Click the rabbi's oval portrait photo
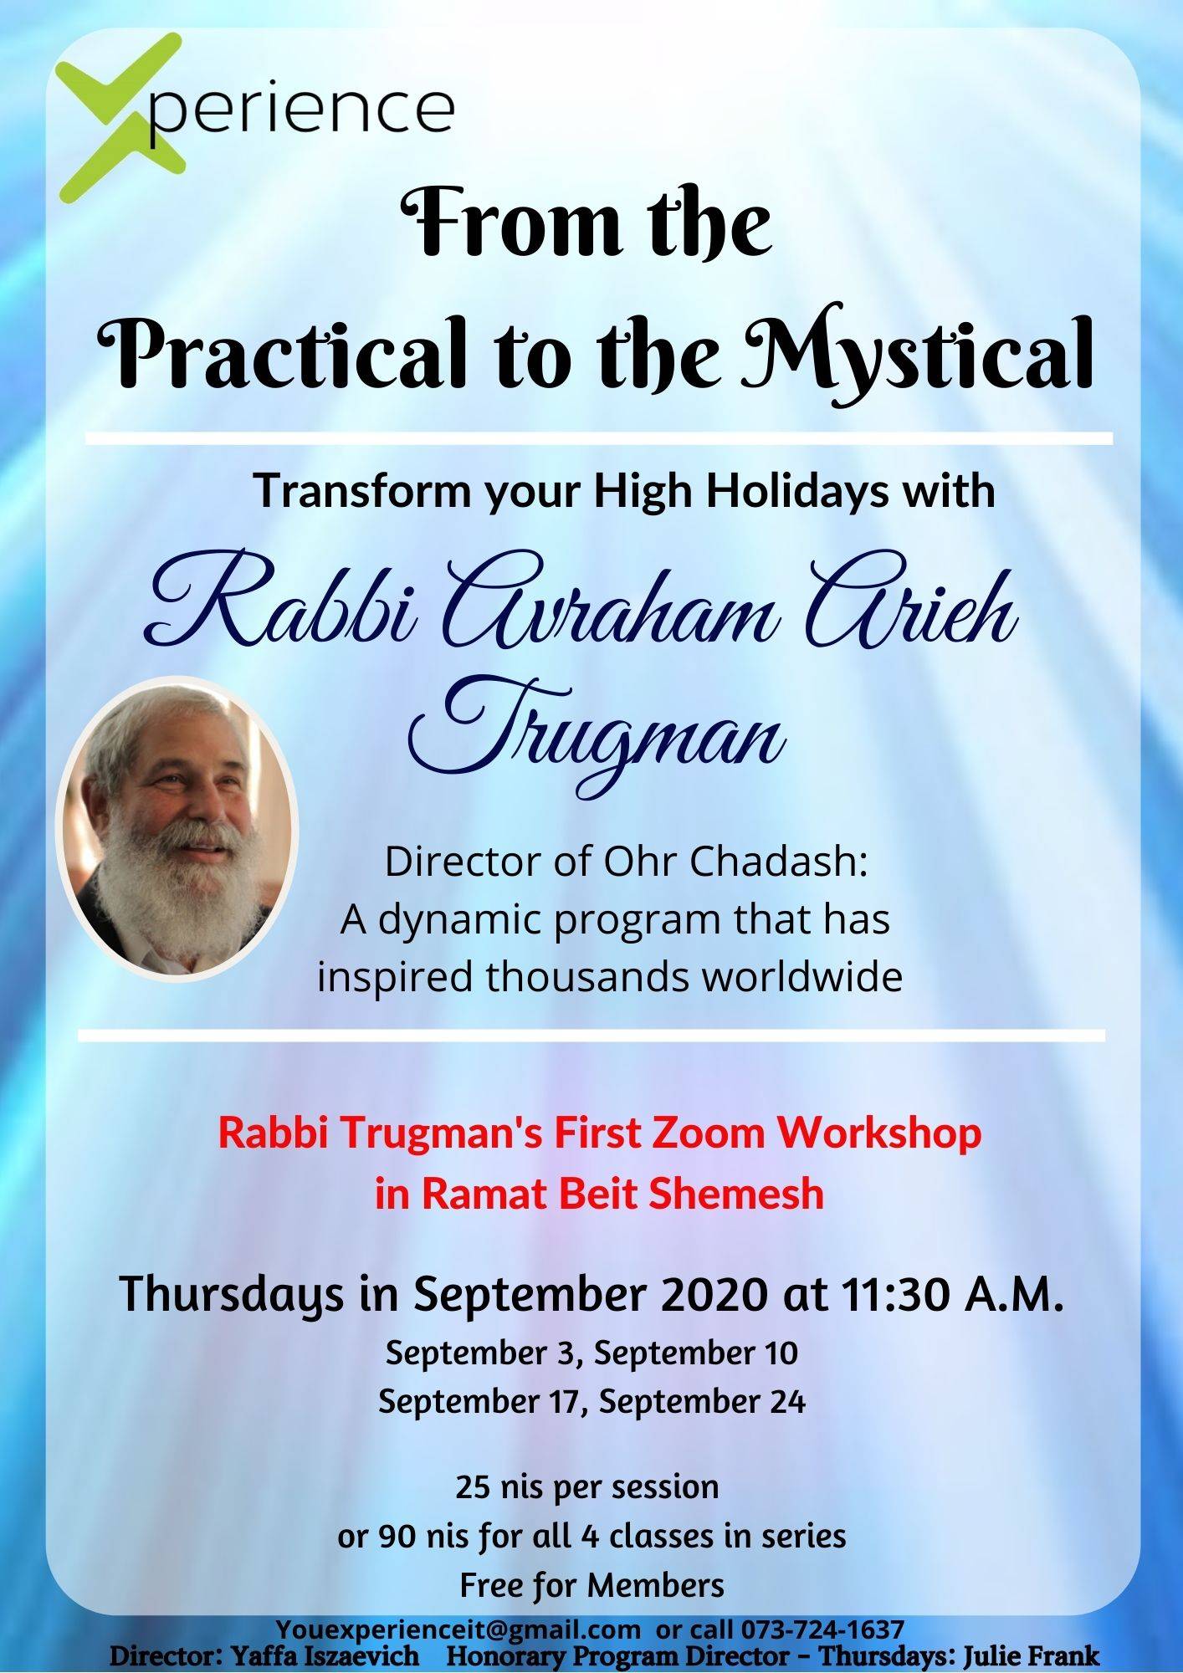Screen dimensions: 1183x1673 pos(177,828)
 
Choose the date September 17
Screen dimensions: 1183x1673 pos(482,1402)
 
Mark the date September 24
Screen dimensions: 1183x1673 pos(703,1402)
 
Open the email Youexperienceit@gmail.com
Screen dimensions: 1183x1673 pos(458,1630)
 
